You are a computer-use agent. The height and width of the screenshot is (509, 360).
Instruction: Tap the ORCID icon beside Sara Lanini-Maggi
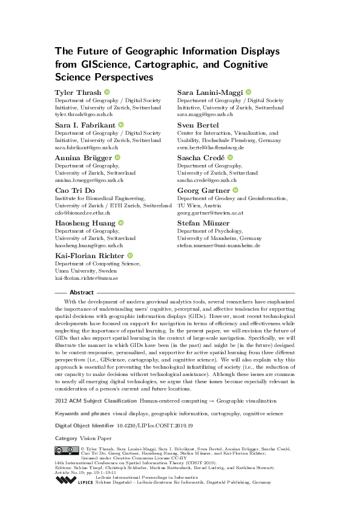(x=248, y=92)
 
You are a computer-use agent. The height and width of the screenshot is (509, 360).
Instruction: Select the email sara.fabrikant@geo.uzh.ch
(x=89, y=147)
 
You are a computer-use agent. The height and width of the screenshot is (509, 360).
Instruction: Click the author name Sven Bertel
(x=198, y=125)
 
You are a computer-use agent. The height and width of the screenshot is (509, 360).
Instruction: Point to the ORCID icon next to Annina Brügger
(x=117, y=158)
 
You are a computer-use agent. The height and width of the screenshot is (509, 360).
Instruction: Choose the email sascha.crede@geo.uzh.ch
(x=207, y=180)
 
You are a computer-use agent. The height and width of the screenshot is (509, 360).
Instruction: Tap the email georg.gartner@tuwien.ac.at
(x=210, y=213)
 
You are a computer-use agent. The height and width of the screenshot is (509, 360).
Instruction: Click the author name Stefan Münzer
(x=203, y=223)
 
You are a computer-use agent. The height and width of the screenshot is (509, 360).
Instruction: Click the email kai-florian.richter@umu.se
(x=87, y=278)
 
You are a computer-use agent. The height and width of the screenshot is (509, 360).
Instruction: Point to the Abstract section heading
(x=82, y=292)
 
